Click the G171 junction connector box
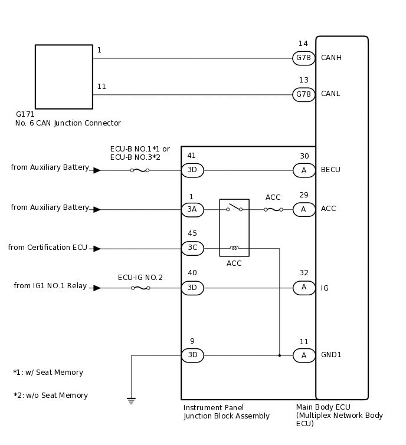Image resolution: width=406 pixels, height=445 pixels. pos(64,77)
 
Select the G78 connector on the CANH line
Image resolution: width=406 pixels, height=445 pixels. pos(303,58)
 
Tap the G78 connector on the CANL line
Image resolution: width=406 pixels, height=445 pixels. pos(303,94)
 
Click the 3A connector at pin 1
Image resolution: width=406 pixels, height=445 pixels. pos(192,210)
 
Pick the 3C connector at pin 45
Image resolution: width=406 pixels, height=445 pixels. pos(192,248)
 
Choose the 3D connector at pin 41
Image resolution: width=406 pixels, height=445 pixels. pos(192,170)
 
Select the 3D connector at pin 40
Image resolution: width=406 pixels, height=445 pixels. pos(192,288)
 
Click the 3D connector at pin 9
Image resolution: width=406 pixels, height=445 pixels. pos(192,355)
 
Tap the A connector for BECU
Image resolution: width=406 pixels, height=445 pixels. pos(304,170)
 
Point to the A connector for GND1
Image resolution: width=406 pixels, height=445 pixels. pos(304,355)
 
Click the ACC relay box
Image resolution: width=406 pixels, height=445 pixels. pos(234,228)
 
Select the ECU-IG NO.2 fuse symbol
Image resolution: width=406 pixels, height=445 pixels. pos(140,288)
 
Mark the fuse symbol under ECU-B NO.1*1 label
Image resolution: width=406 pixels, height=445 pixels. pos(139,170)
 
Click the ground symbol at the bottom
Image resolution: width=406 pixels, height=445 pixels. pos(131,401)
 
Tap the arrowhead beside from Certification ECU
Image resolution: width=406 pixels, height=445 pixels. pos(97,249)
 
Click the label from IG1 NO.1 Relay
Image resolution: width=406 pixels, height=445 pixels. pos(50,286)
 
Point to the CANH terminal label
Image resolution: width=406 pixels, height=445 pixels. pos(331,58)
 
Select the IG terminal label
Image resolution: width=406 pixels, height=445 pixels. pos(325,288)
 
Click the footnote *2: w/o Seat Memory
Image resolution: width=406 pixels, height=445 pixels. pos(51,395)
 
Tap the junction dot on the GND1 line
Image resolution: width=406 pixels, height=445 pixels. pos(279,355)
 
